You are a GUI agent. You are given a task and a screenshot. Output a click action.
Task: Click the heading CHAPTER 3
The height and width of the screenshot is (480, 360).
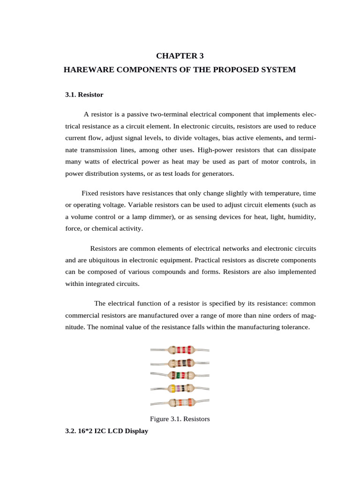(x=180, y=56)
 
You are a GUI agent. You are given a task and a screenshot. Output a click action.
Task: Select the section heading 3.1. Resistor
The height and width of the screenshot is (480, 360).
(x=84, y=95)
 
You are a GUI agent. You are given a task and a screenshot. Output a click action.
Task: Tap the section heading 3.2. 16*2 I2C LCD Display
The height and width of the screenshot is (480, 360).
(x=106, y=430)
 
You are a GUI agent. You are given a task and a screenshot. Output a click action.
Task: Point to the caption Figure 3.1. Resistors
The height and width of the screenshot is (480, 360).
(x=180, y=419)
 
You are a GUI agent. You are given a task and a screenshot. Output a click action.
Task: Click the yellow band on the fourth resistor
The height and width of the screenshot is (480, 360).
(x=173, y=388)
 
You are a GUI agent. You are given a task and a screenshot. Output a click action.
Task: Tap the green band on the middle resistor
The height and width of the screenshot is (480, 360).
(x=178, y=375)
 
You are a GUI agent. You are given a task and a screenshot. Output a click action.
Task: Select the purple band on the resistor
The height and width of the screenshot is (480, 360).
(x=179, y=388)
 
